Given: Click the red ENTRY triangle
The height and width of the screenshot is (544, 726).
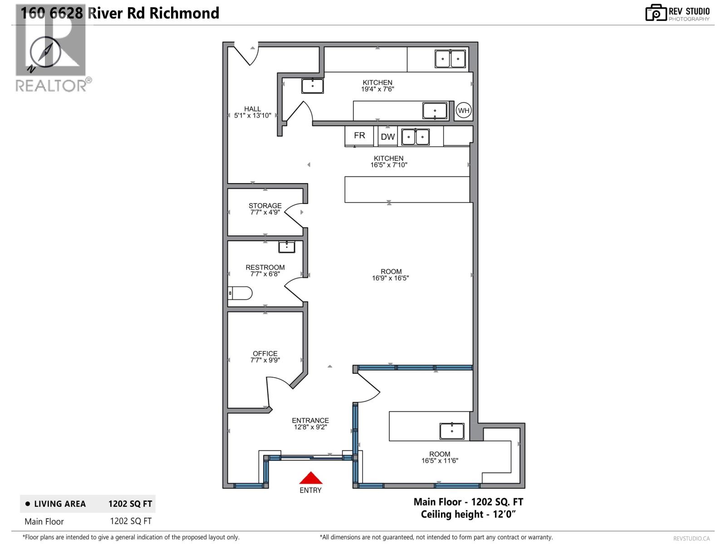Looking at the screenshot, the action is click(310, 478).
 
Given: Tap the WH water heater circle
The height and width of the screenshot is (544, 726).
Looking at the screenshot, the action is click(463, 110).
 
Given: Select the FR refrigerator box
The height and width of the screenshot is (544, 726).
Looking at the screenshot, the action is click(359, 136).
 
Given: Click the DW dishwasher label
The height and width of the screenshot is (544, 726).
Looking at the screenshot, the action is click(388, 137).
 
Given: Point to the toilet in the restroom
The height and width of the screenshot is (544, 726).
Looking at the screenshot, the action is click(240, 293).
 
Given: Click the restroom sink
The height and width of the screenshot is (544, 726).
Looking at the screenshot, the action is click(286, 247).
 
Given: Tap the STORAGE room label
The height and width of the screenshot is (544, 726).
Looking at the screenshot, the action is click(265, 205).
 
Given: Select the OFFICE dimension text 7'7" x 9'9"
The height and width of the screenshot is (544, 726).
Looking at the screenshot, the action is click(265, 360).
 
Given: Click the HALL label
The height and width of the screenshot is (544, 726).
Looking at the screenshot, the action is click(252, 109).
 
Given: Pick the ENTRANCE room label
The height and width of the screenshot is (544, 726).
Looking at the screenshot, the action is click(310, 421).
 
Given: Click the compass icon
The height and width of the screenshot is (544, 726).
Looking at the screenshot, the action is click(44, 53).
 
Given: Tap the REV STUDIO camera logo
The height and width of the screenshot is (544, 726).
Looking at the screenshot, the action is click(656, 13).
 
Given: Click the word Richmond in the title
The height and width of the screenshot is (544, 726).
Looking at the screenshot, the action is click(184, 13).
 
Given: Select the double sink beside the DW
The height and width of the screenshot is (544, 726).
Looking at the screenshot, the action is click(416, 137).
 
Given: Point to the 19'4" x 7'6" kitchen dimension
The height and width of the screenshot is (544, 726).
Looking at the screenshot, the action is click(378, 89).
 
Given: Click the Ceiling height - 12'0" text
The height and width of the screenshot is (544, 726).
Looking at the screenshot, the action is click(468, 514).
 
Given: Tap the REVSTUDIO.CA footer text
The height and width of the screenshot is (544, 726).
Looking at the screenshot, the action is click(691, 539).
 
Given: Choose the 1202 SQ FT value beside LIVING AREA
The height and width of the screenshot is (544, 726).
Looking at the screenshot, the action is click(130, 504).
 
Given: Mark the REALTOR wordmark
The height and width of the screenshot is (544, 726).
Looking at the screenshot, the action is click(51, 86).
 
